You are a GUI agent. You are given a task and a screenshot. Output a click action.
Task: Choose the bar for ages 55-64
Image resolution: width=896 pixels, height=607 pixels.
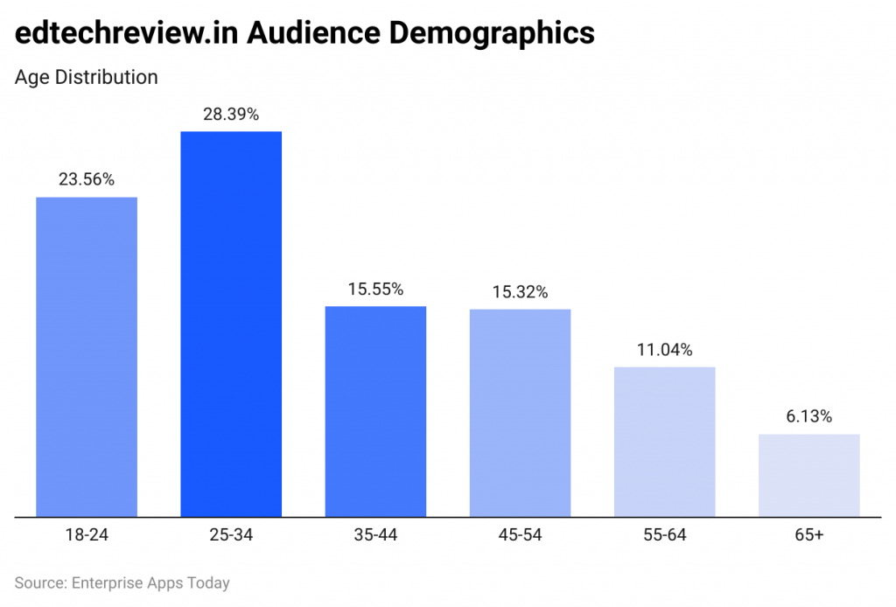(x=664, y=442)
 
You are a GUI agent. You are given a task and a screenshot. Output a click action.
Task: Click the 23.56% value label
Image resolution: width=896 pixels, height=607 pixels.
(x=87, y=179)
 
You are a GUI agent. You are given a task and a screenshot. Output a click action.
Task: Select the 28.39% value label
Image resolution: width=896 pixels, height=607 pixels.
(x=231, y=114)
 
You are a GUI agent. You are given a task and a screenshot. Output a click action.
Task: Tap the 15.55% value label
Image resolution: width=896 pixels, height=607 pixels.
(x=375, y=289)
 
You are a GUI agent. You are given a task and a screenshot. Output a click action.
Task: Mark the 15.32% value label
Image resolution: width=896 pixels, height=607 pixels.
(x=520, y=292)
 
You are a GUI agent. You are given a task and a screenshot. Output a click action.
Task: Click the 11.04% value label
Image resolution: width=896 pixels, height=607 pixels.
(x=664, y=350)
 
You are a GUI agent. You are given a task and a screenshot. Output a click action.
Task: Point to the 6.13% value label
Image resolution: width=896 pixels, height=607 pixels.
(x=808, y=416)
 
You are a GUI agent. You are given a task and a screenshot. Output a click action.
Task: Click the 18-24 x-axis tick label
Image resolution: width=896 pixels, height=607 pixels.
(x=87, y=534)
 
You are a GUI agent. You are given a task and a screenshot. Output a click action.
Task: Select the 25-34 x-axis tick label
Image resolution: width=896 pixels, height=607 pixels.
(x=231, y=534)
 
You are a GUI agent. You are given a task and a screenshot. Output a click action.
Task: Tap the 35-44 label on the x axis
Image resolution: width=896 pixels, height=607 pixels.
(x=375, y=534)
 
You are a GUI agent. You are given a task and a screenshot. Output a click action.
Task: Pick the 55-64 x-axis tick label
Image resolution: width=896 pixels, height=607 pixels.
(x=664, y=534)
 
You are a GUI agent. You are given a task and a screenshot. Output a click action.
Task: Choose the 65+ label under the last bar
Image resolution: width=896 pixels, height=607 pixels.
(x=808, y=534)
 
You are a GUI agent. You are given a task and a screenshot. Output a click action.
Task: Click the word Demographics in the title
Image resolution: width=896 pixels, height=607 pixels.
(x=492, y=33)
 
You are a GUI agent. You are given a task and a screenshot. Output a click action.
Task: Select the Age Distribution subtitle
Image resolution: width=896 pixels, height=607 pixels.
(x=87, y=77)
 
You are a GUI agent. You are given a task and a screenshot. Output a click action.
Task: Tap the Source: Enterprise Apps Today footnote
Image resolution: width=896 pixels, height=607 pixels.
(x=122, y=583)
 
